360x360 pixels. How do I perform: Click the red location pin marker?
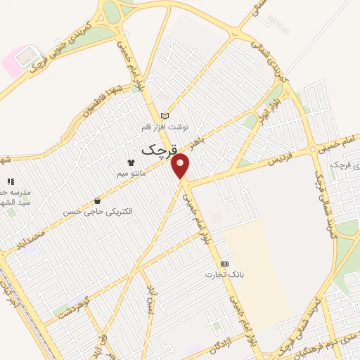click(181, 165)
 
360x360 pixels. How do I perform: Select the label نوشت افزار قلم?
click(165, 127)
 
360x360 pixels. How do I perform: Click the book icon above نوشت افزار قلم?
click(165, 115)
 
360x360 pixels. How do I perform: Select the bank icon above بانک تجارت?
click(224, 263)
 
